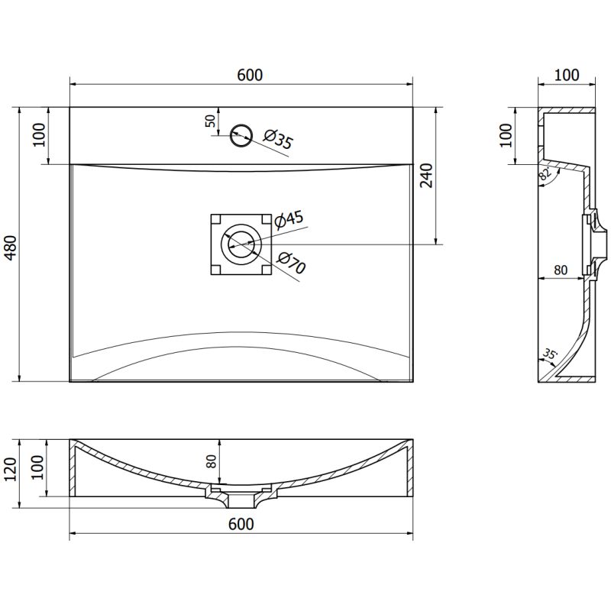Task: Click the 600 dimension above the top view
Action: click(249, 75)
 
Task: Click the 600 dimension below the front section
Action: click(241, 524)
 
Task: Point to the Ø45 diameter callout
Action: click(289, 220)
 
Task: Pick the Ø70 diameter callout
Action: click(292, 263)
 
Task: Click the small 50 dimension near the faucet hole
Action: click(209, 123)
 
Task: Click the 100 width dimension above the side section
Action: click(566, 75)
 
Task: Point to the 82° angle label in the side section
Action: click(545, 173)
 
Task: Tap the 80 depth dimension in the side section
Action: click(561, 270)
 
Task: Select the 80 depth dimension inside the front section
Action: click(212, 461)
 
